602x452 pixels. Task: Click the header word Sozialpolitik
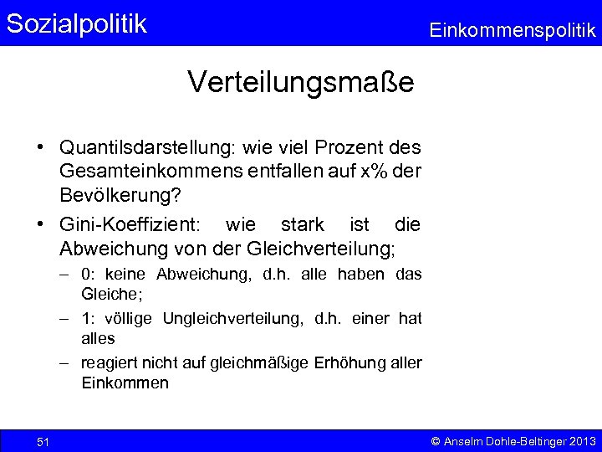click(76, 23)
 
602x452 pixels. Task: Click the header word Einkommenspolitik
click(512, 31)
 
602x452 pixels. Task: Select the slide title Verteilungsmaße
click(300, 82)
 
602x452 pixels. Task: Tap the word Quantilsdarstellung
click(148, 147)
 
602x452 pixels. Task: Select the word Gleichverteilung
click(321, 249)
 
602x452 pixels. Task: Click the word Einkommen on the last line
click(125, 383)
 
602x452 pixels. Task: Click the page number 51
click(43, 441)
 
